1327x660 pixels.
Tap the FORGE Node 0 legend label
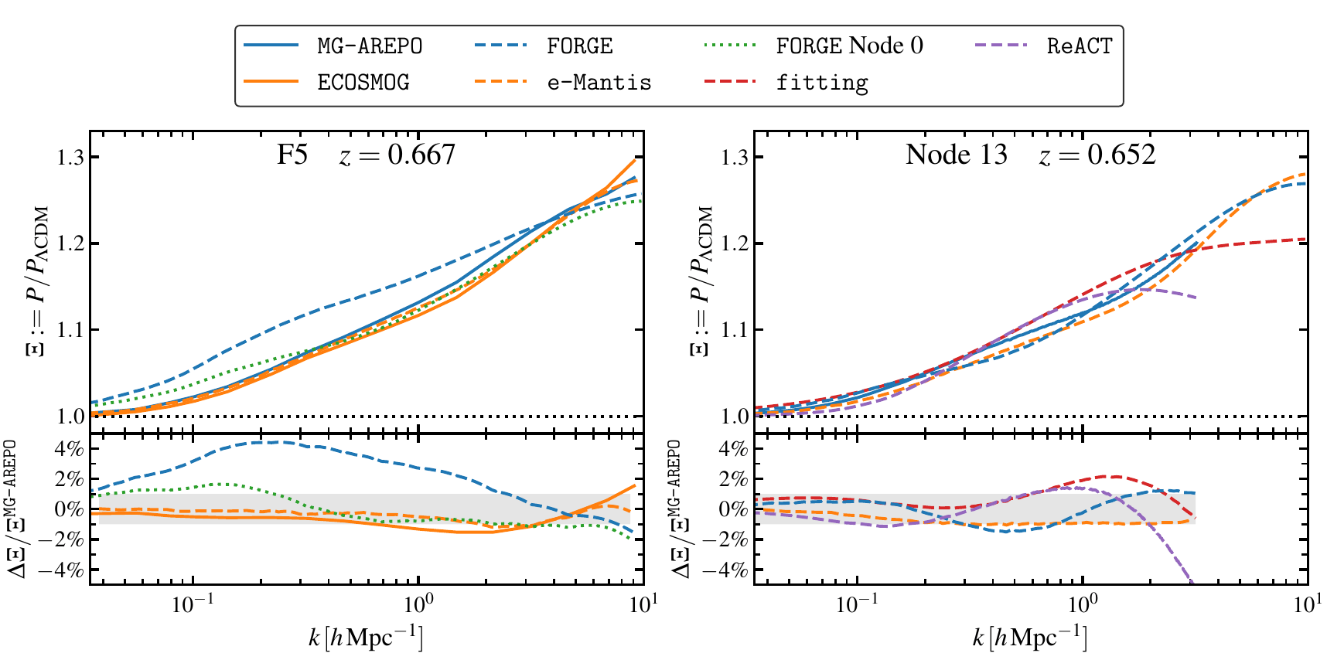[849, 46]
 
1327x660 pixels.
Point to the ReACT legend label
[1079, 46]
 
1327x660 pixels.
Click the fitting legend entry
[822, 82]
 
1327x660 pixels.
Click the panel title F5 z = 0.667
[366, 155]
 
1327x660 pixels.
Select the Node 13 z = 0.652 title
[1030, 155]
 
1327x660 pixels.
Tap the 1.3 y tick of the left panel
[71, 158]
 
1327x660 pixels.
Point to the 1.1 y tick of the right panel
[735, 330]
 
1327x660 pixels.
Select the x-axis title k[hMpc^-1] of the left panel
[366, 638]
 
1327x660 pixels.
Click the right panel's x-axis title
[1030, 638]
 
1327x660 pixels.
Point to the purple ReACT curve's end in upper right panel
[1196, 298]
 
